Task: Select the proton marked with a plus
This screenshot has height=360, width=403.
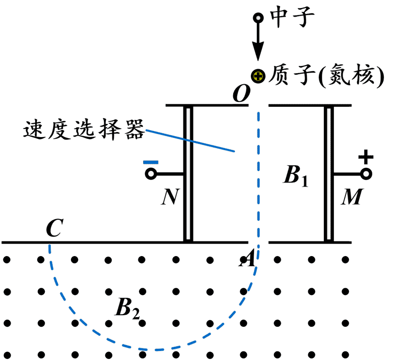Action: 258,77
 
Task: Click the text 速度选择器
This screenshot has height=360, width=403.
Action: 84,131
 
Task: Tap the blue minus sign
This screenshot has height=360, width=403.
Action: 151,162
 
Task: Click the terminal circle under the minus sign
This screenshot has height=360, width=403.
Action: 150,174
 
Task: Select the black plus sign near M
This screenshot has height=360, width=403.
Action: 366,158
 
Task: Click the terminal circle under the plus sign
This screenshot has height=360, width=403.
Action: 366,174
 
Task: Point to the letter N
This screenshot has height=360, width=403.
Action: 170,198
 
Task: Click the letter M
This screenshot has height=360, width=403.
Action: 351,198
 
